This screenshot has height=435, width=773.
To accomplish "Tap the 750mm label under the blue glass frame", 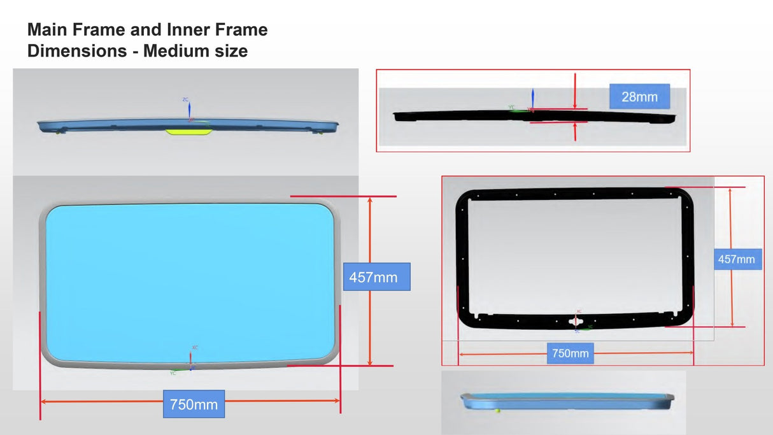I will click(x=194, y=404).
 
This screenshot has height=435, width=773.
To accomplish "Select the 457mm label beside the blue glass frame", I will click(x=373, y=277).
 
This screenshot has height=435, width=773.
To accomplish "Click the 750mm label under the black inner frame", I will click(x=570, y=353).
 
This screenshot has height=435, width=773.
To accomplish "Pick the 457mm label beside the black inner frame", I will click(x=737, y=259).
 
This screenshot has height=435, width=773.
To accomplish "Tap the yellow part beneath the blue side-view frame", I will click(x=189, y=132).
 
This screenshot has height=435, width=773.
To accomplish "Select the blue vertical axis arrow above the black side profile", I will click(x=533, y=98).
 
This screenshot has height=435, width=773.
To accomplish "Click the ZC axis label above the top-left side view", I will click(x=185, y=100).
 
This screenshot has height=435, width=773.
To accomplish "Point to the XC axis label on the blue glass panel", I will click(x=195, y=347).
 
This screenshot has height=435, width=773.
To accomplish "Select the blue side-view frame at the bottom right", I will click(x=567, y=401).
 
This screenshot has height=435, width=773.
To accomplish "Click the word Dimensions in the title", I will click(x=77, y=51).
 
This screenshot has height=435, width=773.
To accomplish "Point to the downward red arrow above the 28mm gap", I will click(x=575, y=92).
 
